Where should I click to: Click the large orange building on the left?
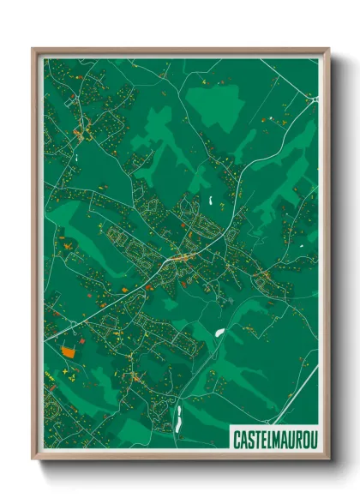(x=68, y=350)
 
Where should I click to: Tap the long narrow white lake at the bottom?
(x=179, y=418)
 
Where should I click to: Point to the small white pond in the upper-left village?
(x=77, y=158)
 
